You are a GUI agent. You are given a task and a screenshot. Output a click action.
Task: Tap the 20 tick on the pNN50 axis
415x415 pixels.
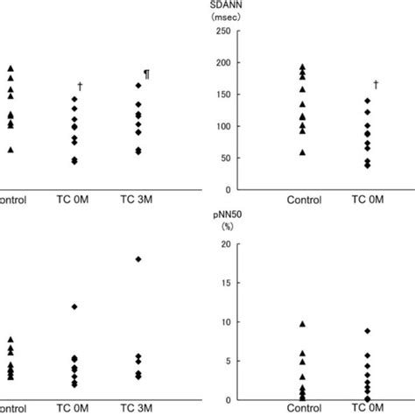point(225,244)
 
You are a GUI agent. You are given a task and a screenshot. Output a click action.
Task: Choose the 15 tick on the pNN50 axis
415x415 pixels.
point(225,284)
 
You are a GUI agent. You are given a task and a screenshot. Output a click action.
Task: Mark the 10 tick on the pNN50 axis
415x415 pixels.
point(225,322)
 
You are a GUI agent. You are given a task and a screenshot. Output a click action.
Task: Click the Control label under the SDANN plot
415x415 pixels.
point(302,200)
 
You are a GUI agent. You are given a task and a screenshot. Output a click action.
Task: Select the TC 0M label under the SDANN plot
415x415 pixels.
point(368,200)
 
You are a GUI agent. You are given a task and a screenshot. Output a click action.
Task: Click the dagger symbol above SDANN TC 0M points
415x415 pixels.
point(376,85)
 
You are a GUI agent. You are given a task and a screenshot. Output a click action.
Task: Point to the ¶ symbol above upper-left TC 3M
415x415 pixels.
point(146,74)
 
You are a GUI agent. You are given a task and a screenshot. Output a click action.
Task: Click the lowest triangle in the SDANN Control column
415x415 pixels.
point(303,152)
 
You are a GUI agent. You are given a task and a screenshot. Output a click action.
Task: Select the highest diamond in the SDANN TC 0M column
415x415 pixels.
point(368,101)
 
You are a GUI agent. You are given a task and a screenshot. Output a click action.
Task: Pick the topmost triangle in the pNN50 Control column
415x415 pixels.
point(303,324)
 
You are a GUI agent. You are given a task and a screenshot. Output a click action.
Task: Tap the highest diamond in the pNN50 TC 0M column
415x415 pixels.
point(368,331)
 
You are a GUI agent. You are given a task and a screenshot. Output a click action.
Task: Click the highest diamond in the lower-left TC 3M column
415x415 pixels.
point(137,259)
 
